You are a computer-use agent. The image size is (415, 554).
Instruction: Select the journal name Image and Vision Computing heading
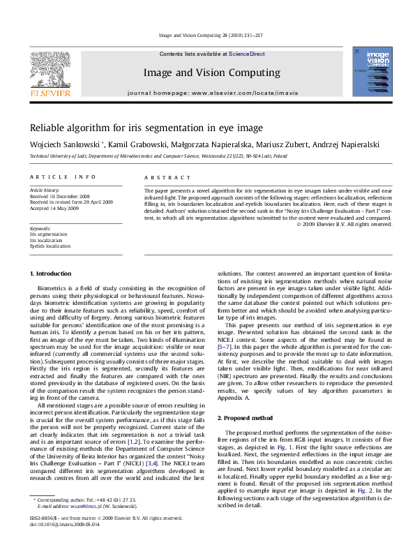pyautogui.click(x=211, y=73)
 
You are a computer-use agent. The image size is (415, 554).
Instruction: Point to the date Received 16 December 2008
pyautogui.click(x=59, y=197)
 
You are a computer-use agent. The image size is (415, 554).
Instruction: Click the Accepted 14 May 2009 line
pyautogui.click(x=54, y=208)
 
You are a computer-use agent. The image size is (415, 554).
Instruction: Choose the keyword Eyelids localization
pyautogui.click(x=50, y=246)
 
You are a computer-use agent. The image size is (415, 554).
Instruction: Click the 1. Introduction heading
pyautogui.click(x=52, y=273)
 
